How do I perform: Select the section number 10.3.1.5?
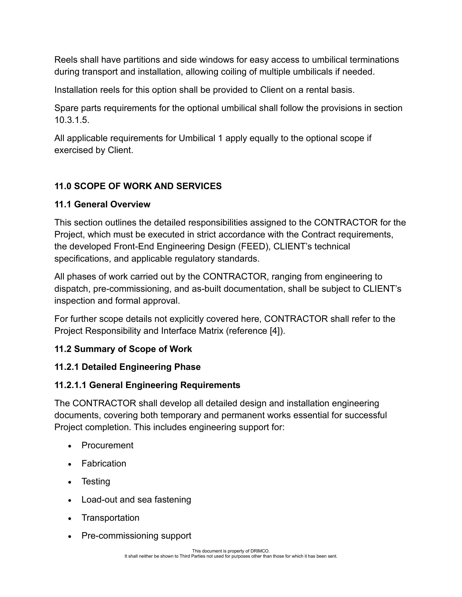pyautogui.click(x=72, y=120)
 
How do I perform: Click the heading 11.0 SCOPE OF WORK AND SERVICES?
pyautogui.click(x=138, y=186)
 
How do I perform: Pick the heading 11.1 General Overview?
pyautogui.click(x=102, y=204)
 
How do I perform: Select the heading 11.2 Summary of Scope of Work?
pyautogui.click(x=123, y=349)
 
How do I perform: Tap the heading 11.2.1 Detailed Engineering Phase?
pyautogui.click(x=127, y=367)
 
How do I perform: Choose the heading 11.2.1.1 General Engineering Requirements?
pyautogui.click(x=147, y=385)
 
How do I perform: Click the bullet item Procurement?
pyautogui.click(x=107, y=445)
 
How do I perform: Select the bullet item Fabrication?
pyautogui.click(x=104, y=463)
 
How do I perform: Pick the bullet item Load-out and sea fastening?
pyautogui.click(x=136, y=500)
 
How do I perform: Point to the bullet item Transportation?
pyautogui.click(x=110, y=518)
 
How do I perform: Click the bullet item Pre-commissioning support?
pyautogui.click(x=136, y=536)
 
